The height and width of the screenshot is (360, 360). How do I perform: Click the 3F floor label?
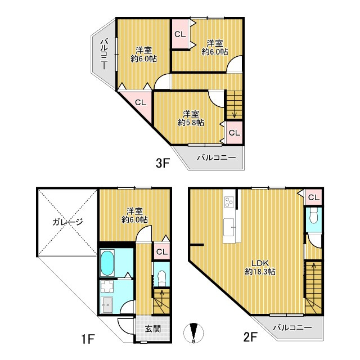pos(163,163)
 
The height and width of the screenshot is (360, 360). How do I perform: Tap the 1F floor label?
pos(88,339)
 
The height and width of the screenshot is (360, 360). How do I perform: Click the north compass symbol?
pos(193,332)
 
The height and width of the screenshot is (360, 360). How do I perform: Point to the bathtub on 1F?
pos(107,263)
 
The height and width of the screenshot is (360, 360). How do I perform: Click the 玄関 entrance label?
pos(152,329)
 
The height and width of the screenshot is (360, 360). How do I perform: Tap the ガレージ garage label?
pos(67,222)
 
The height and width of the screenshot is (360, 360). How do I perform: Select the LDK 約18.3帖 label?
pos(260,268)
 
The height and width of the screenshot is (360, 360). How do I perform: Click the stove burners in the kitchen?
pos(229,202)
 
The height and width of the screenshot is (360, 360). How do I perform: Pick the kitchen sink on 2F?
pos(229,227)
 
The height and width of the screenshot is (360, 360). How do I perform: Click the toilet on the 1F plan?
pos(162,278)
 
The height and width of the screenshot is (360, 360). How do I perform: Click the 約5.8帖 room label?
pos(191,123)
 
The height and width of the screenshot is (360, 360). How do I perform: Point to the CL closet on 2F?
pos(313,197)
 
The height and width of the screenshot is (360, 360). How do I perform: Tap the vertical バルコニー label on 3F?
pos(105,54)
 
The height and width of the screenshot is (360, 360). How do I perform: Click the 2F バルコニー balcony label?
pos(292,327)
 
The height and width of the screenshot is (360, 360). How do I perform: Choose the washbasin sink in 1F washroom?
pos(107,304)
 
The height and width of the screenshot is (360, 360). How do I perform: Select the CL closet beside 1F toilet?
pos(162,251)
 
